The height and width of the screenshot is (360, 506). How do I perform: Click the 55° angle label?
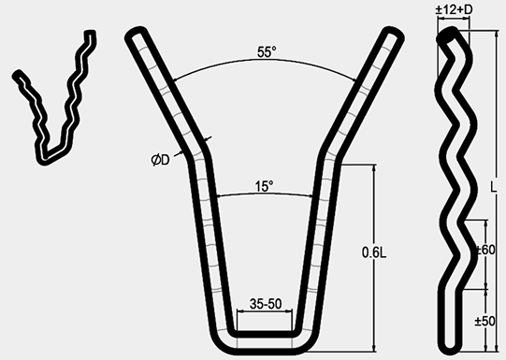(267, 52)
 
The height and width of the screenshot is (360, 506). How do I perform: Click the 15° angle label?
(264, 186)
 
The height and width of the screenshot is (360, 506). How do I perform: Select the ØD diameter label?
(160, 160)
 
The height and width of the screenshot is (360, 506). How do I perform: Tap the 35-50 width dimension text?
(266, 304)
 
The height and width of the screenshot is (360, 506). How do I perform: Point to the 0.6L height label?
(374, 252)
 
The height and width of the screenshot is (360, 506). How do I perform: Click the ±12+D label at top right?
(454, 9)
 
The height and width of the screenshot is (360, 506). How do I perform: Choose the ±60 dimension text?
(486, 250)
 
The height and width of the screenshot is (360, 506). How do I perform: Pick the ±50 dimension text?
(485, 321)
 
